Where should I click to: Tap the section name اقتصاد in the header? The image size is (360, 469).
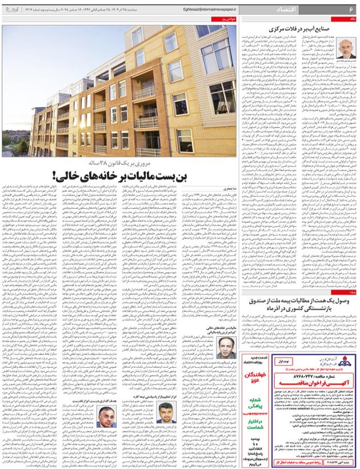(x=330, y=9)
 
